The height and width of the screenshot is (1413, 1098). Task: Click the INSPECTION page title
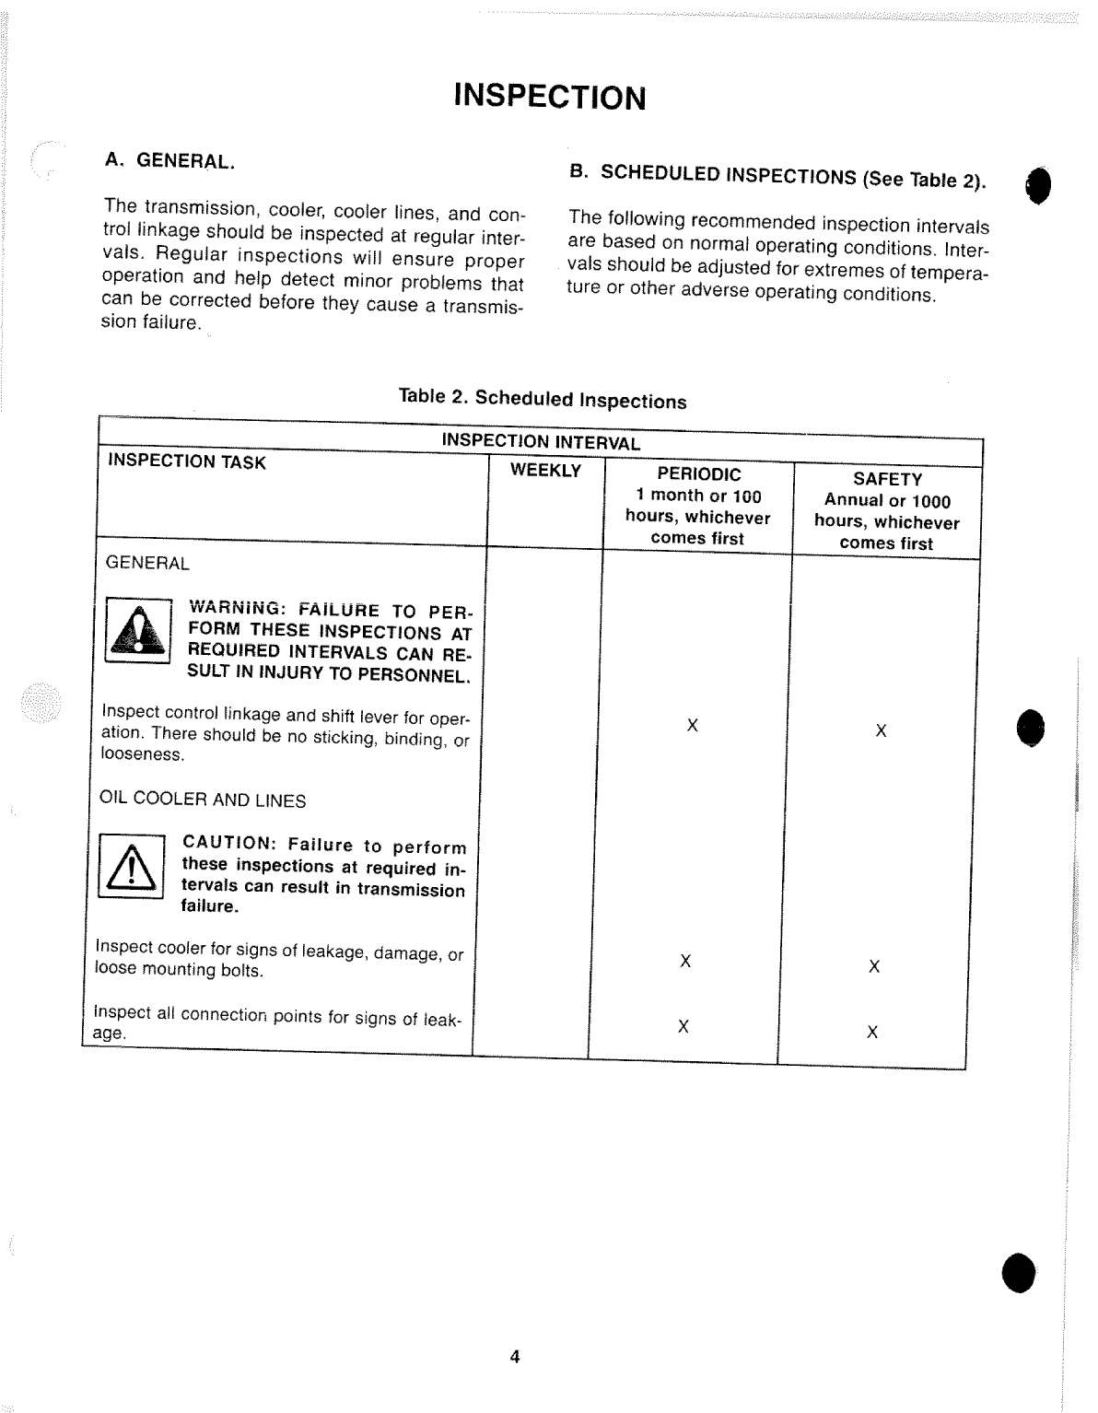pyautogui.click(x=549, y=97)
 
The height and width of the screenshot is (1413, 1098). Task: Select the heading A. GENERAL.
pyautogui.click(x=170, y=160)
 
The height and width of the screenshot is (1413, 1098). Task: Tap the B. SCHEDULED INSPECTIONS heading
pyautogui.click(x=777, y=175)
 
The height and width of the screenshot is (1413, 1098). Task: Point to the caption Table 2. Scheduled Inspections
pyautogui.click(x=543, y=398)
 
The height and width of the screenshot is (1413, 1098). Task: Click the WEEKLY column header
pyautogui.click(x=545, y=471)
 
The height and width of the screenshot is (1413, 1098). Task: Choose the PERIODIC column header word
pyautogui.click(x=698, y=474)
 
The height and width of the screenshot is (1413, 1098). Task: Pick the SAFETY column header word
pyautogui.click(x=887, y=479)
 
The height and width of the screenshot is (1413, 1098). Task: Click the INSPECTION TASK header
pyautogui.click(x=187, y=461)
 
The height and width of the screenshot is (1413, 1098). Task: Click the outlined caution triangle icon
pyautogui.click(x=131, y=867)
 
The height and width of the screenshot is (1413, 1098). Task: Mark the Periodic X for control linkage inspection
pyautogui.click(x=692, y=726)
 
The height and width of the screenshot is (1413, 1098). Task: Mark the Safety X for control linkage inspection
pyautogui.click(x=881, y=731)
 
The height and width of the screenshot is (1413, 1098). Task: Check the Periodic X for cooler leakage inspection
pyautogui.click(x=685, y=962)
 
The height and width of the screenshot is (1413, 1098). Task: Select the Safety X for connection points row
pyautogui.click(x=872, y=1032)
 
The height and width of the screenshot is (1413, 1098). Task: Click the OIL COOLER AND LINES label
pyautogui.click(x=203, y=800)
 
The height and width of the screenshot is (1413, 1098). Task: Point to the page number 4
pyautogui.click(x=515, y=1356)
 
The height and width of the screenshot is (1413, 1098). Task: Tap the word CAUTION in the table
pyautogui.click(x=229, y=843)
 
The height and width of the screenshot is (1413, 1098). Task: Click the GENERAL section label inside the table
pyautogui.click(x=147, y=563)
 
